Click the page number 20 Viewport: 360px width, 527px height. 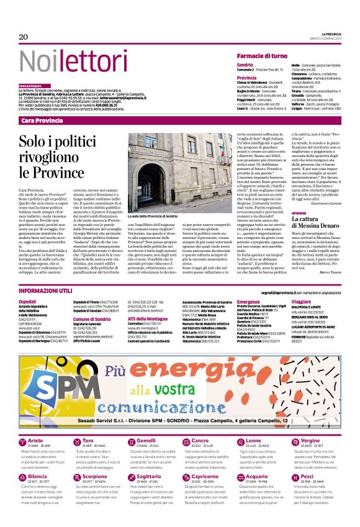24,37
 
